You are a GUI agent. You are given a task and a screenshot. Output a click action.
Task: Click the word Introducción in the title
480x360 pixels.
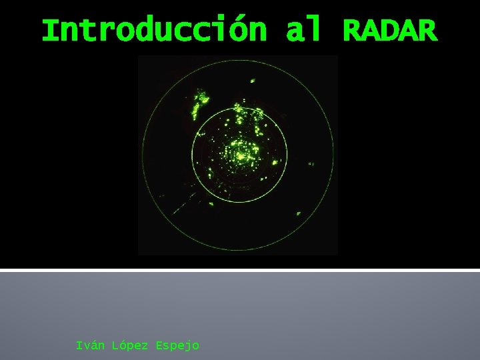154,30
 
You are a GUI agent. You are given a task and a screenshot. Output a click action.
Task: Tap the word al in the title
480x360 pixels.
303,30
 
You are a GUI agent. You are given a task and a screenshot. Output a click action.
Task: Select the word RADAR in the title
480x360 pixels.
390,30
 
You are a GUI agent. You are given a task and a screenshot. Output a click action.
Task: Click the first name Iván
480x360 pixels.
90,345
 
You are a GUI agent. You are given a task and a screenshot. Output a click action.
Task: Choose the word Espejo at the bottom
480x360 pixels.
177,345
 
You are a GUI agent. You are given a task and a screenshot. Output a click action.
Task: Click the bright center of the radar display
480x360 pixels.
240,155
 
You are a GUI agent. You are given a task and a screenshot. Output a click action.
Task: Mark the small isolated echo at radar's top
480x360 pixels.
252,81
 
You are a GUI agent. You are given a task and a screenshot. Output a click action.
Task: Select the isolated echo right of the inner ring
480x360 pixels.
311,163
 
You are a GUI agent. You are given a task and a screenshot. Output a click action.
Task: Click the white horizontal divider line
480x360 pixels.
240,270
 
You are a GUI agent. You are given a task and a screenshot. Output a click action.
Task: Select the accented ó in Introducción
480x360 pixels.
239,30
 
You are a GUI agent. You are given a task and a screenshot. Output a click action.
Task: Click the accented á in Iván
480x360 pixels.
95,345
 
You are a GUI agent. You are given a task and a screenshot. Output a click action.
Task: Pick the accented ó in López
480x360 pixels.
123,345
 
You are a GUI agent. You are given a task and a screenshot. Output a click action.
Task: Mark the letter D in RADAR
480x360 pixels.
390,30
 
